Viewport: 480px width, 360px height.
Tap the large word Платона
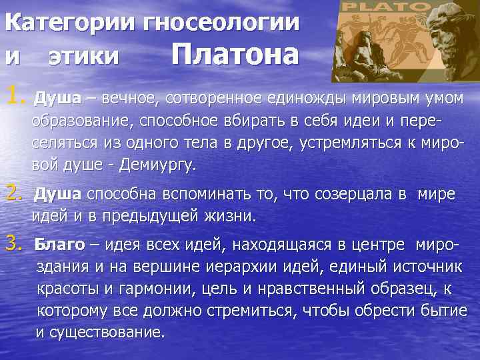click(235, 55)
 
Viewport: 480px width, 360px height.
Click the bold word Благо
click(59, 245)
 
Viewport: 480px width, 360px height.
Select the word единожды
click(303, 99)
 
